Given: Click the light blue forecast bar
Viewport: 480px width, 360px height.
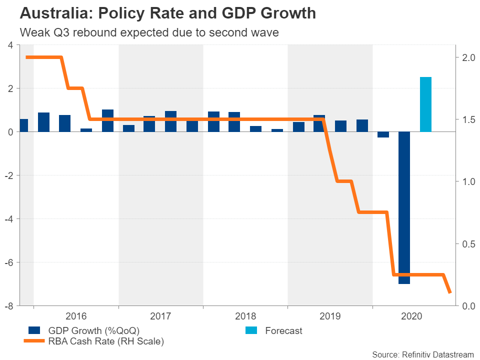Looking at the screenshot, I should click(425, 104).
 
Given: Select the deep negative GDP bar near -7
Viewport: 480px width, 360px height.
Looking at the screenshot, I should click(404, 207).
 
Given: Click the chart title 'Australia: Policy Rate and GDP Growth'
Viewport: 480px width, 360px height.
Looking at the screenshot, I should click(167, 13).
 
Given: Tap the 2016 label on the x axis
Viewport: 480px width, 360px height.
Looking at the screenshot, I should click(76, 316).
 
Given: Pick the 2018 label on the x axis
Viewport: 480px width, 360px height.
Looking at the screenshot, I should click(245, 316).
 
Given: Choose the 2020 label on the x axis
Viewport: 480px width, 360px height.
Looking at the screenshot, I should click(414, 316).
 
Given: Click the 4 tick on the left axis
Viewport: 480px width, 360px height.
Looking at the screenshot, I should click(10, 45).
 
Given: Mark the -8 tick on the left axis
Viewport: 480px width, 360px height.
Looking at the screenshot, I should click(8, 305).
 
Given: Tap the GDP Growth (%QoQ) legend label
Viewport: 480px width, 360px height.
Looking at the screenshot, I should click(93, 330).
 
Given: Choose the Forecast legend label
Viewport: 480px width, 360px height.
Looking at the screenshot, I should click(283, 330).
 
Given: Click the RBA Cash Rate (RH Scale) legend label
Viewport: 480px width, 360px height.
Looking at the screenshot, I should click(106, 341).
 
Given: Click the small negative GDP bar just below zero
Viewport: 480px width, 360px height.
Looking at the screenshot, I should click(383, 134).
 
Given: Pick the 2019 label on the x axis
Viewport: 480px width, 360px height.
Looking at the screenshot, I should click(329, 316).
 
